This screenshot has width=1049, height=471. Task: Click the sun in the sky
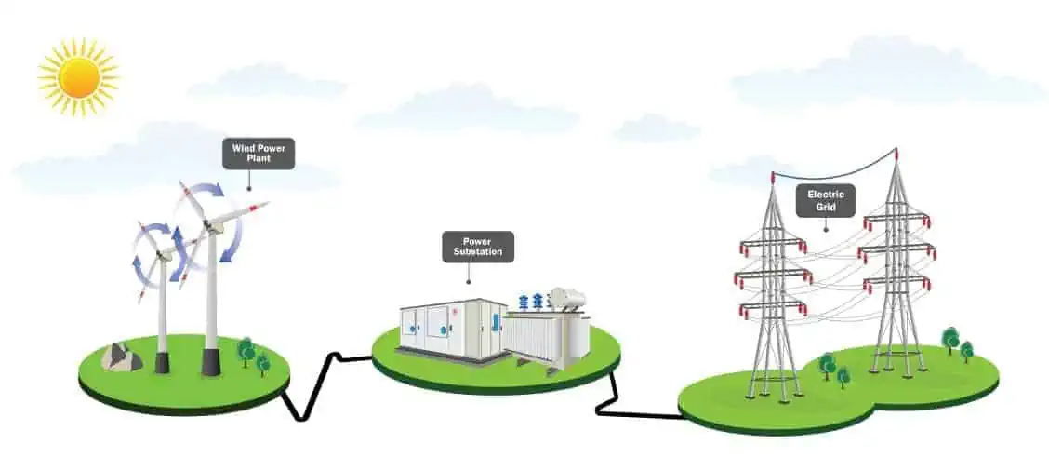coord(79,77)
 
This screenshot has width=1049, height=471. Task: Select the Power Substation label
coord(478,247)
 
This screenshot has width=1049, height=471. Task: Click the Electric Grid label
coord(826,200)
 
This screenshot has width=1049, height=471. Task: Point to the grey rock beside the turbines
coord(121,357)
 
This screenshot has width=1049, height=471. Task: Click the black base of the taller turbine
coord(211,362)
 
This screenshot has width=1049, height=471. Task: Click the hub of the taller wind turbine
coord(213,225)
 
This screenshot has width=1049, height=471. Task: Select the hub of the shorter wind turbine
coord(161,254)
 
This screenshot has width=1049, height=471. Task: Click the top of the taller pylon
coord(895,155)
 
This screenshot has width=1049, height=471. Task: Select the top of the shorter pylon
coord(773,178)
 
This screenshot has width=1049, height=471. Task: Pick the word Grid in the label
coord(826,208)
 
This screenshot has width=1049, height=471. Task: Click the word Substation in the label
coord(478,252)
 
